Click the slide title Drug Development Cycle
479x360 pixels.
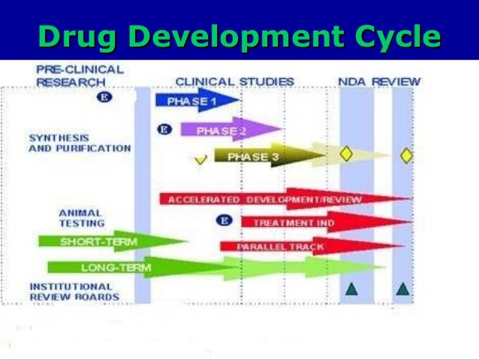pos(239,36)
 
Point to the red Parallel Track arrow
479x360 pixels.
pos(282,246)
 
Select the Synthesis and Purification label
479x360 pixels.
pos(79,143)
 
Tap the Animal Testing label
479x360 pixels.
pos(81,217)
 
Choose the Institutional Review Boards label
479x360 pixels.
pos(74,291)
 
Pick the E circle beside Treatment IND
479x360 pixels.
pos(223,221)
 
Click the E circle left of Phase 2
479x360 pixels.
pos(165,129)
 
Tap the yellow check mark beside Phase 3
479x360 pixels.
pos(200,159)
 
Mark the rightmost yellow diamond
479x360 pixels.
pos(406,155)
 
